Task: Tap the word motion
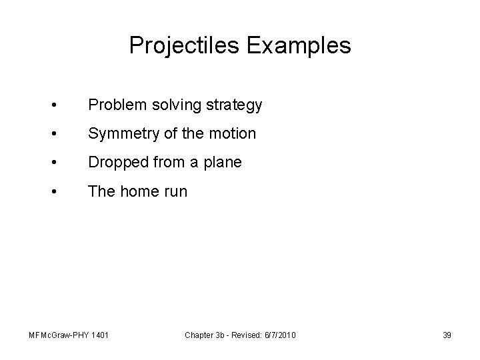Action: click(x=233, y=134)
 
